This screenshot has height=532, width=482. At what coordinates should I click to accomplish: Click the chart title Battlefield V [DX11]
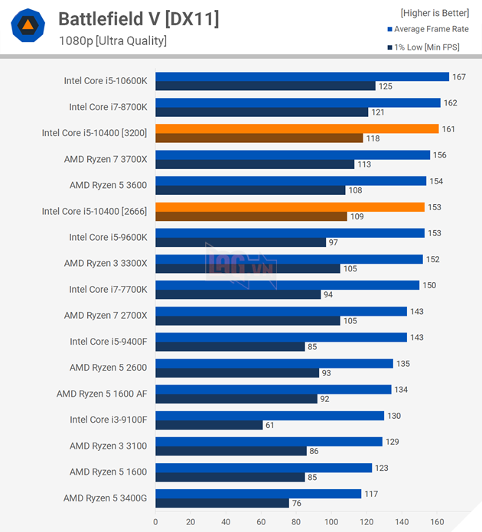point(138,19)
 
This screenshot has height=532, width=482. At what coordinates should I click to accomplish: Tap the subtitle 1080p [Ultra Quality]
point(112,41)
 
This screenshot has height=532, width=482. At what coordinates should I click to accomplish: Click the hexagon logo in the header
point(28,27)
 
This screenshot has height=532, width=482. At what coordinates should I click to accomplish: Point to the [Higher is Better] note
point(435,13)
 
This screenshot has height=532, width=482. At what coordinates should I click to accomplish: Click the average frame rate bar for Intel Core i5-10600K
point(301,76)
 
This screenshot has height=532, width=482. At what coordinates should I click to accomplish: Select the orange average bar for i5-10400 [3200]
point(297,128)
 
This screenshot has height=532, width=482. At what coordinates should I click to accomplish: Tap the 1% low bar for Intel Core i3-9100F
point(209,425)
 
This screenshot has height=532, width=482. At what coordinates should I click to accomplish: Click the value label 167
point(459,76)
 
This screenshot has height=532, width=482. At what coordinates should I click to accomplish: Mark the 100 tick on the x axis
point(331,522)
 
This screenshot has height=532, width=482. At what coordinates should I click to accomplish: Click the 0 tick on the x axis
point(155,522)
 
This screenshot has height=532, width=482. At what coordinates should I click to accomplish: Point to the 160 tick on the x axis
point(437,522)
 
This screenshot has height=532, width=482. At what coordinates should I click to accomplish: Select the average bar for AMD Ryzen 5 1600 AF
point(273,389)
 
